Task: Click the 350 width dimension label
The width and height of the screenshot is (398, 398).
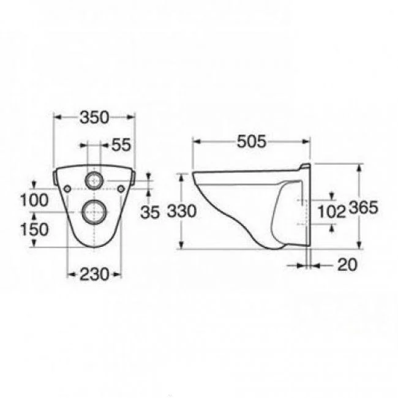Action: pos(94,118)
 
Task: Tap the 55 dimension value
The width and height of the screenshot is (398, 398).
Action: pos(121,145)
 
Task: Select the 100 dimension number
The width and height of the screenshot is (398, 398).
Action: pos(34,200)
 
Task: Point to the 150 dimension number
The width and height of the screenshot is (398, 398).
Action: pos(34,229)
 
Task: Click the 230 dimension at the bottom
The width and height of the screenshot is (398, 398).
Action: pos(94,274)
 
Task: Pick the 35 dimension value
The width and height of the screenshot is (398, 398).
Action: pos(150,212)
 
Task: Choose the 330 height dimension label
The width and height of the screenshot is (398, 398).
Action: pos(182,211)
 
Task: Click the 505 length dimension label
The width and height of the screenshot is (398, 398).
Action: pos(252,141)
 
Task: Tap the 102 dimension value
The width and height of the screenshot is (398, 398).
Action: pos(332,211)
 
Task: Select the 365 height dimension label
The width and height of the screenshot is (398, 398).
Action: pos(364,208)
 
